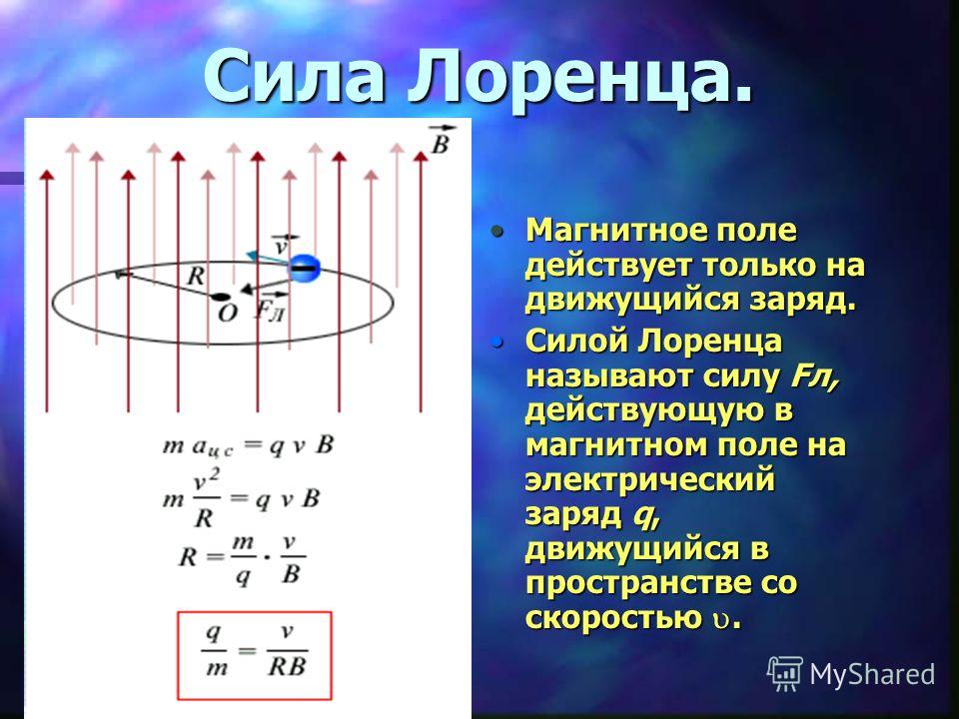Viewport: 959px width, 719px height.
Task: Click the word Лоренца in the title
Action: [579, 77]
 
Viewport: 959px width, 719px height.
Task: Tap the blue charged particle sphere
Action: [305, 268]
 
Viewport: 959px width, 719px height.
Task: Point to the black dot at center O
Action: [219, 298]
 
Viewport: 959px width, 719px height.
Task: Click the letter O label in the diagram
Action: [227, 314]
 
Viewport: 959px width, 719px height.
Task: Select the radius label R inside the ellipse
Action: [195, 276]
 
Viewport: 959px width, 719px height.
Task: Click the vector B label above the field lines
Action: [441, 140]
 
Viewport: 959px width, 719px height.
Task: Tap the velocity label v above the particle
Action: [283, 244]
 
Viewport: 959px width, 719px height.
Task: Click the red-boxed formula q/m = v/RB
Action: [255, 655]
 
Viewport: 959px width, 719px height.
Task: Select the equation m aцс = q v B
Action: [248, 446]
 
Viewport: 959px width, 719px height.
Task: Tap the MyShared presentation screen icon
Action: [785, 674]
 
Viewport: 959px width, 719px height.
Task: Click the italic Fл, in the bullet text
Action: [813, 375]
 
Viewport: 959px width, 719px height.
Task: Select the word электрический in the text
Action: [649, 479]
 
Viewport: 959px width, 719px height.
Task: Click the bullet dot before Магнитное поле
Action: [497, 232]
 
